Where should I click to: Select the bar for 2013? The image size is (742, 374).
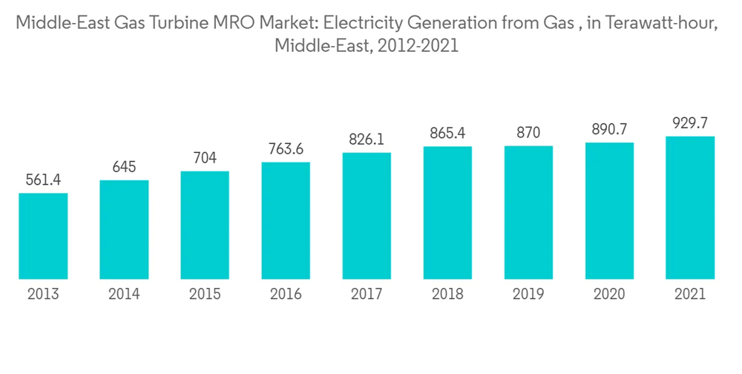coord(43,236)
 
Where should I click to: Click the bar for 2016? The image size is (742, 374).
coord(286,220)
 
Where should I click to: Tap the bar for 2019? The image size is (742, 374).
coord(528,212)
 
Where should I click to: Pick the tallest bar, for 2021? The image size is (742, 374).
coord(690,208)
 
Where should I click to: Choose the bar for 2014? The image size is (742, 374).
coord(124,229)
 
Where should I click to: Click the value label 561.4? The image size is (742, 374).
coord(43,180)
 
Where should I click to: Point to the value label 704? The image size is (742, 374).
coord(205,158)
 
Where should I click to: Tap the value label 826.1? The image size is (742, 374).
coord(367,140)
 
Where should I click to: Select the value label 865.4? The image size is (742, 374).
coord(447,134)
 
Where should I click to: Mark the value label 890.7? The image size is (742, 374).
coord(609,129)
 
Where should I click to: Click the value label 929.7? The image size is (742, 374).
coord(690,123)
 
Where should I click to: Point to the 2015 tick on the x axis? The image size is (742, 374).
coord(205,295)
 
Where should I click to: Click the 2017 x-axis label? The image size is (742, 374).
coord(367,295)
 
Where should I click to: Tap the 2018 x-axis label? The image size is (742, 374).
coord(447,295)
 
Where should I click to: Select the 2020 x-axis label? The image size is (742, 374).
coord(609,295)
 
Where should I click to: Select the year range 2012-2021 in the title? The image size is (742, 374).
coord(418,46)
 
